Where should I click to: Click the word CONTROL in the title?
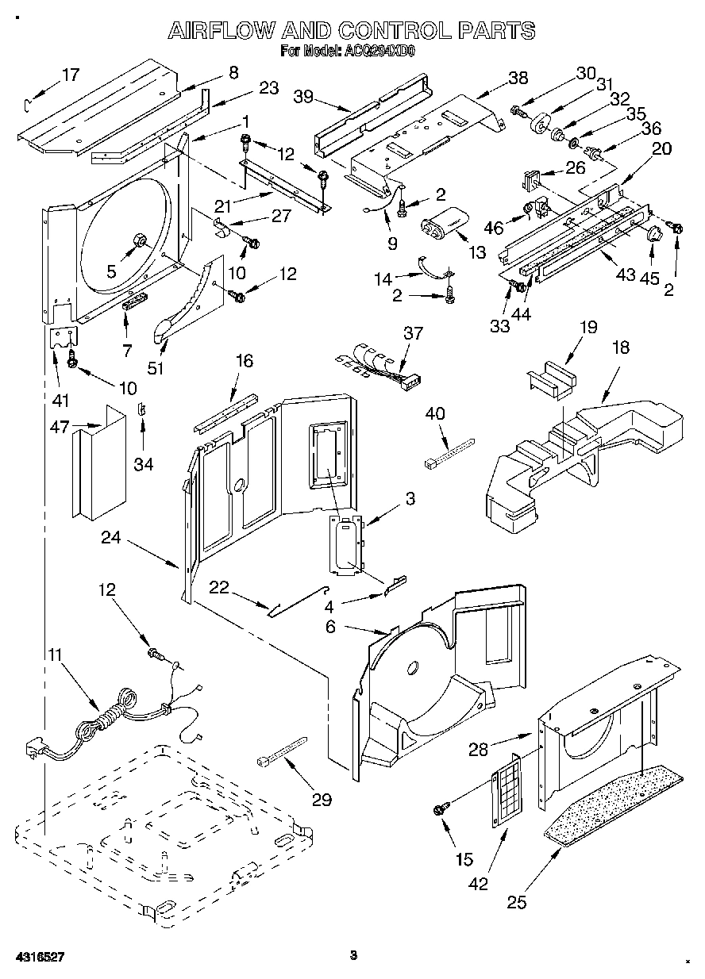(392, 31)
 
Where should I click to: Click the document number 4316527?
(33, 957)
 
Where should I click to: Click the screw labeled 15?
(438, 809)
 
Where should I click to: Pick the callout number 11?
(54, 655)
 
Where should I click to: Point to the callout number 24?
(111, 537)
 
